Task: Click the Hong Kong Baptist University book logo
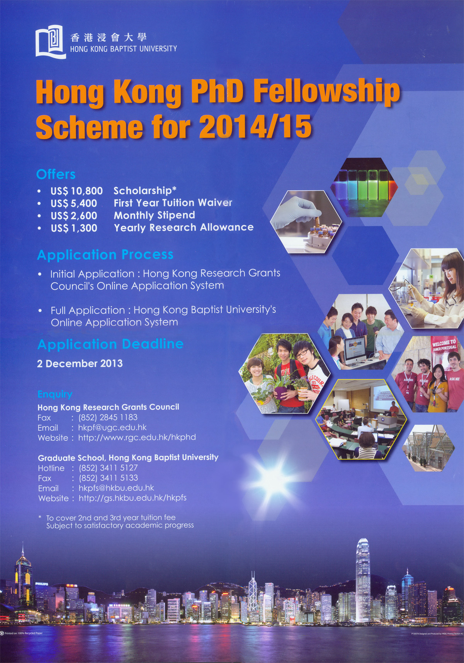(51, 41)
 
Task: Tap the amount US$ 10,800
(76, 191)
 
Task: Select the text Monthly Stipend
(154, 215)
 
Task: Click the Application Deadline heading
(110, 344)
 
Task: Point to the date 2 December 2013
(80, 364)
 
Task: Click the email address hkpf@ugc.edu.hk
(112, 428)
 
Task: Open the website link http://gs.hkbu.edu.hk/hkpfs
(133, 498)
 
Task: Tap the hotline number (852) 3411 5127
(108, 468)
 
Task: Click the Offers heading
(56, 174)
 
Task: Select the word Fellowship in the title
(326, 91)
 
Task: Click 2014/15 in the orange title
(255, 127)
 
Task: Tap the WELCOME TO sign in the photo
(444, 345)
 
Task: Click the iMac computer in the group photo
(355, 349)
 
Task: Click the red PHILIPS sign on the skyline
(42, 584)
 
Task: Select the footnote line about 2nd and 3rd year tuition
(111, 518)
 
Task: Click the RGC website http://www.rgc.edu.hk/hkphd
(137, 438)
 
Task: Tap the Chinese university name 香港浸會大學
(109, 37)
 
